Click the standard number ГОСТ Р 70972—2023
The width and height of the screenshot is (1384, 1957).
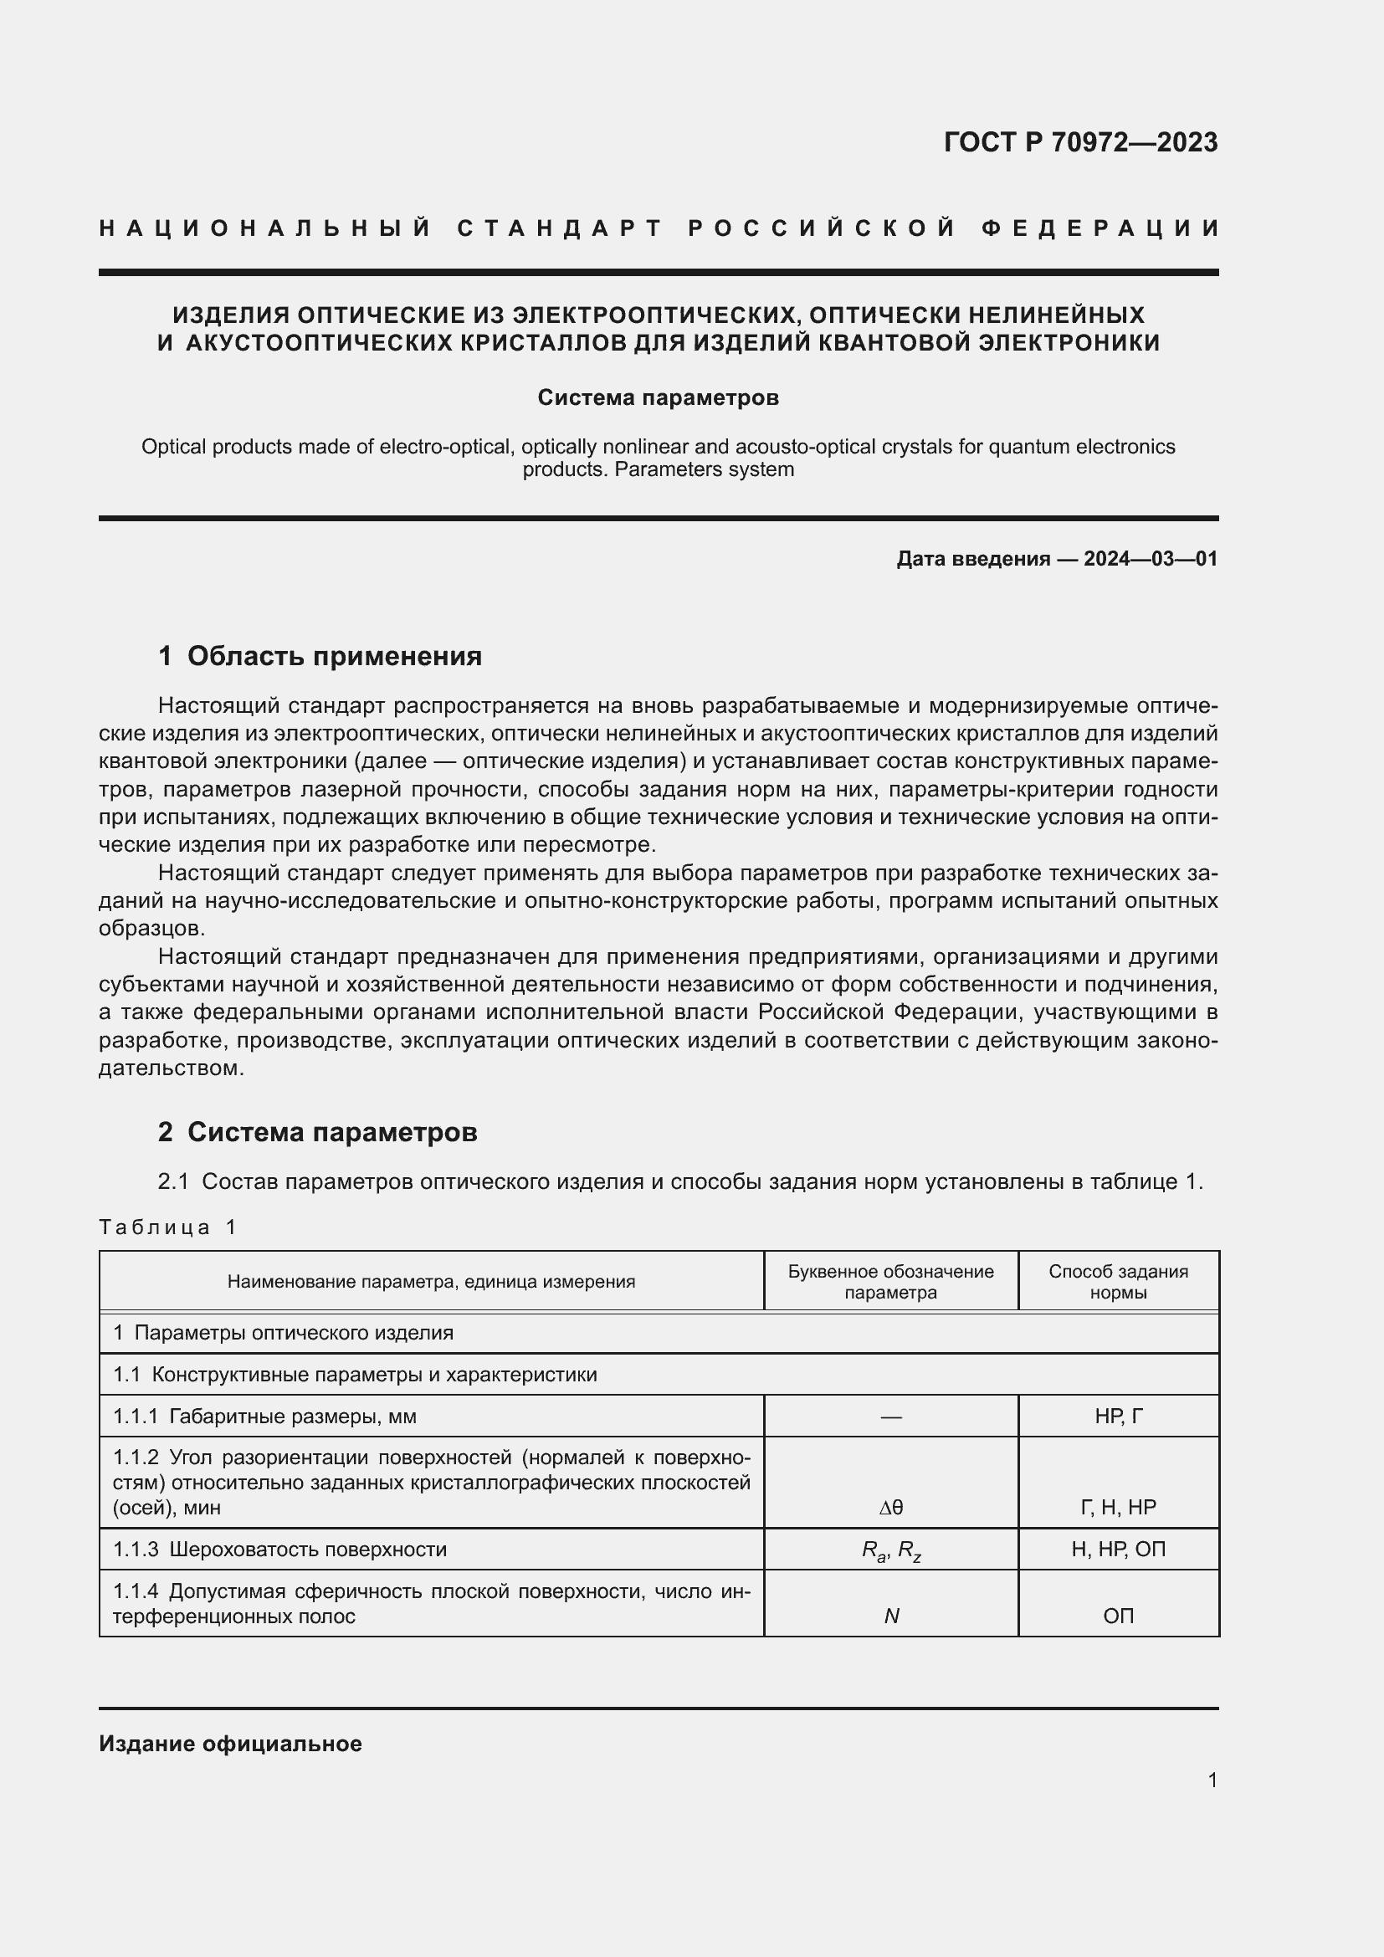tap(1079, 141)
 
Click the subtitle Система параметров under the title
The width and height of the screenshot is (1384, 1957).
tap(658, 397)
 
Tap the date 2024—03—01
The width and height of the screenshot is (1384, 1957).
tap(1150, 558)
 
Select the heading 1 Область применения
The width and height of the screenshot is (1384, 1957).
tap(320, 655)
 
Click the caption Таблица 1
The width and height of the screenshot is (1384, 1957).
tap(167, 1227)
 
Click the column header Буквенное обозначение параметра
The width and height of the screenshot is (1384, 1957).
tap(889, 1281)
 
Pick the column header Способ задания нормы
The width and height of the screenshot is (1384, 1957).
tap(1117, 1281)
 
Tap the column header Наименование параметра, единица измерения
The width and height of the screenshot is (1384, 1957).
tap(430, 1281)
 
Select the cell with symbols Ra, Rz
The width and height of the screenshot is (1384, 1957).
tap(890, 1550)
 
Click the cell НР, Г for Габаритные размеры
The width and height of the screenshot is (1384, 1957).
tap(1117, 1417)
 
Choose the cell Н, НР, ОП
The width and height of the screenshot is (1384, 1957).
tap(1117, 1549)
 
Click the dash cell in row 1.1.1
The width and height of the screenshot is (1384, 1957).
tap(890, 1417)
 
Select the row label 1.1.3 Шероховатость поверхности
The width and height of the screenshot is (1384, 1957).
tap(279, 1549)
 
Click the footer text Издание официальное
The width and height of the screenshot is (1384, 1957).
tap(230, 1743)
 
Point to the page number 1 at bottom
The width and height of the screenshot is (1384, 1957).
tap(1212, 1780)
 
